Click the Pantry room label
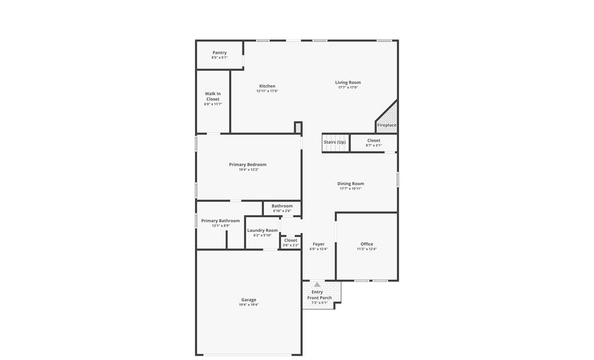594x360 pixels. pos(219,53)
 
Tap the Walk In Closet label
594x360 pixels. pos(213,96)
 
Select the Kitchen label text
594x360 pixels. pos(267,86)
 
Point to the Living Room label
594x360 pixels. pos(348,83)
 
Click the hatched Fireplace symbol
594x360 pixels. pos(388,118)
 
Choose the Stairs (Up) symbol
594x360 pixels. pos(335,143)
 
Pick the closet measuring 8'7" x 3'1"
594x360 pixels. pos(374,143)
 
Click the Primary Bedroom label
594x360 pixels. pos(248,165)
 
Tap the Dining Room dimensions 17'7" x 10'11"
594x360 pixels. pos(350,188)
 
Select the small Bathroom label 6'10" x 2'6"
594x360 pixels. pos(282,208)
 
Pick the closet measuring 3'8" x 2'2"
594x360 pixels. pos(291,242)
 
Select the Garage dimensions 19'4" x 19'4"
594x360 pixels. pos(249,304)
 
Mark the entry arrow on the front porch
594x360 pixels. pos(317,285)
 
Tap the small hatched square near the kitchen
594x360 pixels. pos(298,127)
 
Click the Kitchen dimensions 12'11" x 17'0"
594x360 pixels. pos(267,91)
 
